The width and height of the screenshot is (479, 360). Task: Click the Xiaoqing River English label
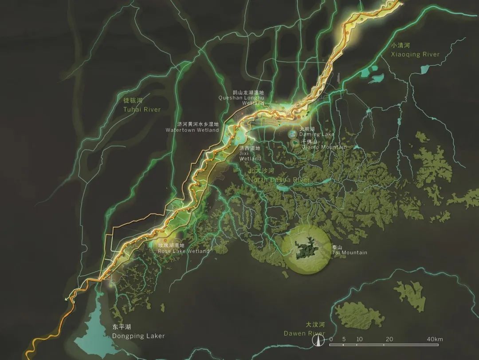tap(415, 55)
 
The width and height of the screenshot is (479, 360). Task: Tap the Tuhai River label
tap(142, 109)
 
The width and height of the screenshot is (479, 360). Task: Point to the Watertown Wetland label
tap(192, 130)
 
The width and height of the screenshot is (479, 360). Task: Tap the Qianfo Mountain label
tap(324, 147)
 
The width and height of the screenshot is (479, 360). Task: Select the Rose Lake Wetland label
tap(184, 251)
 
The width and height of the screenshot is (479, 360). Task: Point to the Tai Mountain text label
tap(349, 253)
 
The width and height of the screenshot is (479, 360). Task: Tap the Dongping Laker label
tap(138, 336)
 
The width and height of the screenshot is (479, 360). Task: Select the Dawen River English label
tap(304, 333)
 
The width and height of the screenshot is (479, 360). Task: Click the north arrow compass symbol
tap(318, 340)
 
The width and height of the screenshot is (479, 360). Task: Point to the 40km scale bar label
tap(436, 340)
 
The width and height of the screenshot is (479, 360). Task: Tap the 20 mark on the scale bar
tap(389, 340)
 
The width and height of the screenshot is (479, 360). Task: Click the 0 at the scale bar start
tap(331, 340)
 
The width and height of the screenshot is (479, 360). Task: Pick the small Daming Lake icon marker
tap(292, 134)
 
